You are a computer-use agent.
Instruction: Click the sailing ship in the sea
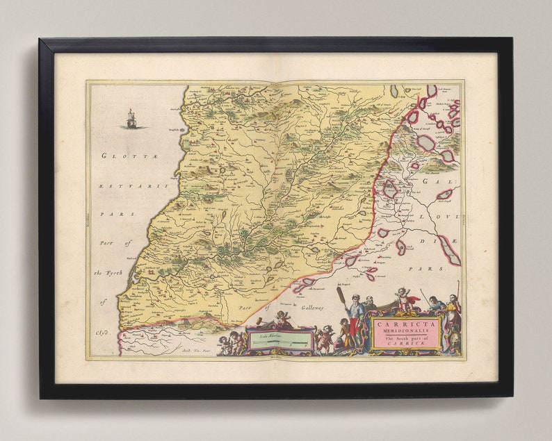131,119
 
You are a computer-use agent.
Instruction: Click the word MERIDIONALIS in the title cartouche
405,332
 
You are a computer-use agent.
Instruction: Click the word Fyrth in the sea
113,272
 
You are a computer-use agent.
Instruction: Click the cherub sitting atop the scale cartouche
282,318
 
